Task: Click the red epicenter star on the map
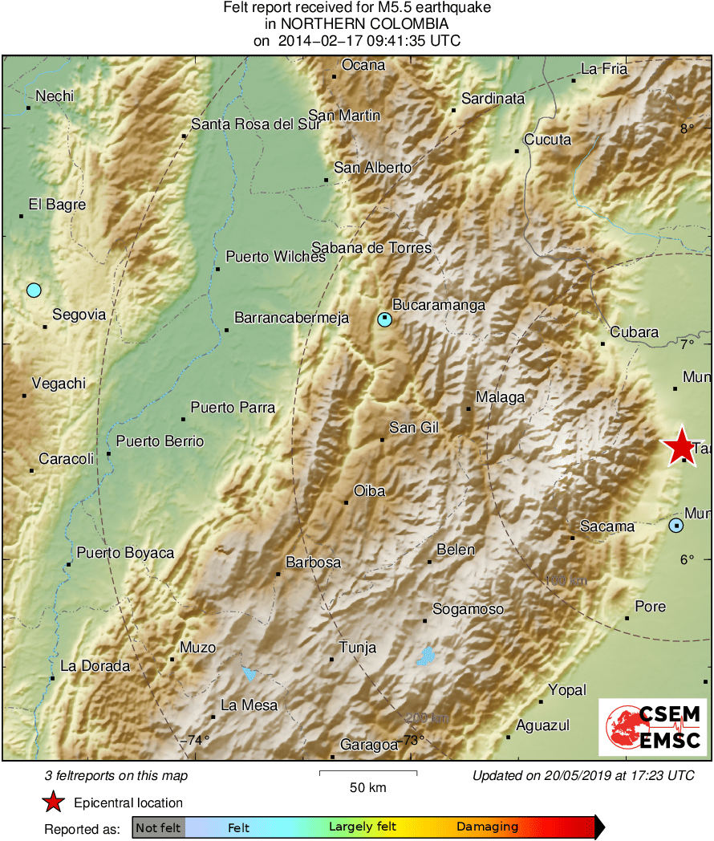tap(680, 446)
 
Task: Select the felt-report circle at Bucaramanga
tap(385, 319)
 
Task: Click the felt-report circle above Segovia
tap(33, 290)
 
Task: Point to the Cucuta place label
tap(547, 140)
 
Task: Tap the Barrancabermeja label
tap(291, 318)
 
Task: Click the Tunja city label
tap(358, 648)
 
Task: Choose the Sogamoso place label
tap(468, 609)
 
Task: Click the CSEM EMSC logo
tap(653, 727)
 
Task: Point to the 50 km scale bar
tap(368, 773)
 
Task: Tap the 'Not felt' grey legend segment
tap(158, 827)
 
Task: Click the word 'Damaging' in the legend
tap(487, 827)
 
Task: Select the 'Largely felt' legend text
tap(360, 827)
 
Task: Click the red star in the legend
tap(53, 802)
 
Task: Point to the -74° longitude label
tap(194, 741)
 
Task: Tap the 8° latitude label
tap(688, 128)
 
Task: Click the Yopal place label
tap(567, 690)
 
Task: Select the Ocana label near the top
tap(363, 65)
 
